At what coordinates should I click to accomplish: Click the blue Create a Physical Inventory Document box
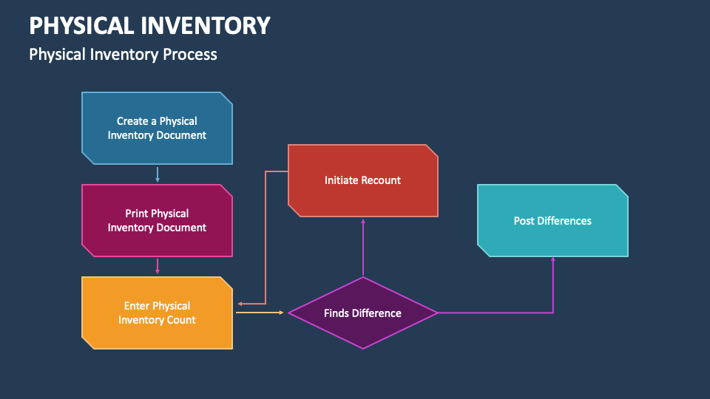[x=157, y=128]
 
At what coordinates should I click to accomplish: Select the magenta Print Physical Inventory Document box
[x=157, y=220]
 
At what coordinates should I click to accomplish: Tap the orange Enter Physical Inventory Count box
[x=157, y=313]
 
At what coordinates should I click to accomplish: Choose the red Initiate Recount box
[x=363, y=180]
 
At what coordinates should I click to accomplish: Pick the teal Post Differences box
[x=553, y=220]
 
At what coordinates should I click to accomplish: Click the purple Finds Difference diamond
[x=363, y=313]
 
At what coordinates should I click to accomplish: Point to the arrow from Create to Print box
[x=158, y=174]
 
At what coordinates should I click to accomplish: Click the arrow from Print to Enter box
[x=158, y=267]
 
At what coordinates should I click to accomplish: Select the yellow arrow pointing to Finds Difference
[x=260, y=313]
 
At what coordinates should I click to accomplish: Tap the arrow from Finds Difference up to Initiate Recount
[x=363, y=248]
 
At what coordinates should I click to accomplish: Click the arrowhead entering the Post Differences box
[x=553, y=259]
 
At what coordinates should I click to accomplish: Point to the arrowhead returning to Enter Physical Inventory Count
[x=240, y=304]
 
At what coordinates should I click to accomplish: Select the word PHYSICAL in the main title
[x=81, y=25]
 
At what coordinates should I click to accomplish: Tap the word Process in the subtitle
[x=190, y=55]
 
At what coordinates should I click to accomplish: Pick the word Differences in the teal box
[x=565, y=221]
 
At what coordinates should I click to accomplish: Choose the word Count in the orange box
[x=182, y=320]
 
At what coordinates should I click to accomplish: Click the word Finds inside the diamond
[x=336, y=313]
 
